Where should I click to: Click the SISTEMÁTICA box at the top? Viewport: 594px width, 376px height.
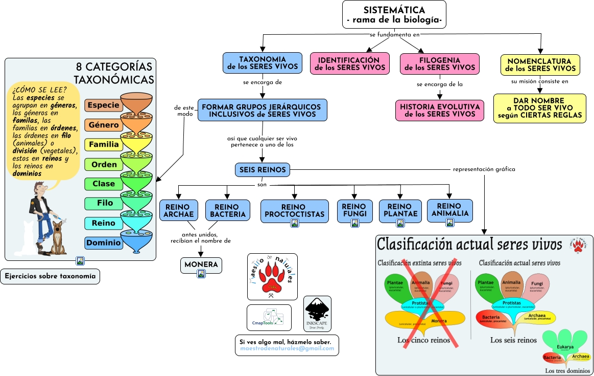point(394,14)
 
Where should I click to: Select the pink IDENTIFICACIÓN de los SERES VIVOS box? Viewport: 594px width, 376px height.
point(345,63)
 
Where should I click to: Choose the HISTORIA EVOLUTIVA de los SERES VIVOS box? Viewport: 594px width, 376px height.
point(440,110)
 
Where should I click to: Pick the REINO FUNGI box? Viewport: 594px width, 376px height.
point(354,210)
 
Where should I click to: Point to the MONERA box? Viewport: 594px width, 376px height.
point(201,265)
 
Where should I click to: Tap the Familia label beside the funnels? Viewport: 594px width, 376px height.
point(104,145)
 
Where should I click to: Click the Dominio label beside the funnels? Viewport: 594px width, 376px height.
point(104,243)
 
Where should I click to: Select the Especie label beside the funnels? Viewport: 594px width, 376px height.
point(104,105)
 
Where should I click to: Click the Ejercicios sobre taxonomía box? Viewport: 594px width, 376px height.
point(50,277)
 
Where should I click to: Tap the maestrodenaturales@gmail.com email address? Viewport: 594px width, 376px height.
point(287,349)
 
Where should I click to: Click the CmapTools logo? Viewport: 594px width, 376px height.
point(269,318)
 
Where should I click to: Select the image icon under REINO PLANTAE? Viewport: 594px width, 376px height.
point(400,223)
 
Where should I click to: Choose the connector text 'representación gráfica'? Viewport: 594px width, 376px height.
point(484,169)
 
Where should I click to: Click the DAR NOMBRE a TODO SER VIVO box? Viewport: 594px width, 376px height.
point(539,108)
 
